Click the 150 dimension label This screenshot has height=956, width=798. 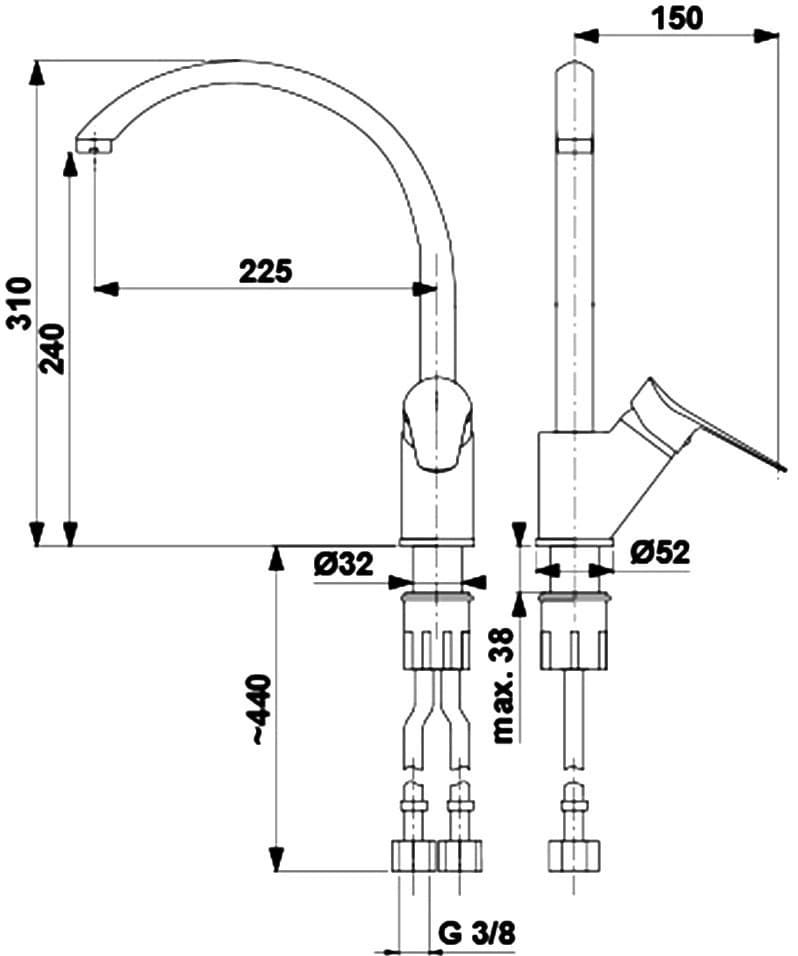click(x=676, y=16)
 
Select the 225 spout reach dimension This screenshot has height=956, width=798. click(x=265, y=270)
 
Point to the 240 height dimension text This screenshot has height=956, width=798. click(x=52, y=348)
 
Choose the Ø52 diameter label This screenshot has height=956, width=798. click(x=661, y=552)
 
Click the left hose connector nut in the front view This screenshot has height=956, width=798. click(x=411, y=856)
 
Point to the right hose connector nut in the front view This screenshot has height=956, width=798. click(x=460, y=856)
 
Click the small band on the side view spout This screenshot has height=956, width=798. click(x=574, y=146)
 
